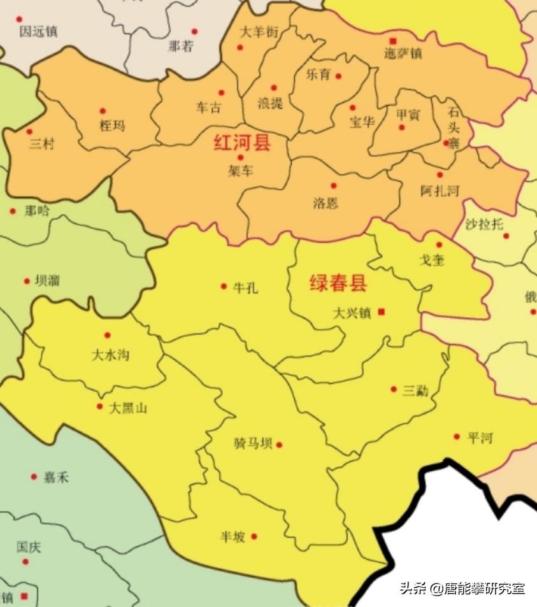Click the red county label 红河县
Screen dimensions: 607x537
pos(242,143)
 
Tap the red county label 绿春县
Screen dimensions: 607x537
pos(338,283)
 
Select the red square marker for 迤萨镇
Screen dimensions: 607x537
pos(393,41)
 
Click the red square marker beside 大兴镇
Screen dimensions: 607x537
pos(381,311)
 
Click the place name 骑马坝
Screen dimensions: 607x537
pos(253,444)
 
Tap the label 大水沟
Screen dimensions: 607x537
pos(110,355)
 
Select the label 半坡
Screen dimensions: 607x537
pos(233,537)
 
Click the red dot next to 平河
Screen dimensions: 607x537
pos(457,436)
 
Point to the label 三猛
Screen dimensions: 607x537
pos(415,390)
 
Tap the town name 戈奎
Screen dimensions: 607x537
pos(431,260)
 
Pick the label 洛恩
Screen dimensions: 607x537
pos(326,203)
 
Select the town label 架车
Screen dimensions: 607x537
pos(240,171)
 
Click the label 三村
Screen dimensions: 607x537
pos(42,145)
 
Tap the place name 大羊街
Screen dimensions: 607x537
pos(259,31)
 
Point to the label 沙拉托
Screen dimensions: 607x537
pos(484,224)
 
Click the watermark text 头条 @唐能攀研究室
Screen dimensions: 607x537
pos(462,588)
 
